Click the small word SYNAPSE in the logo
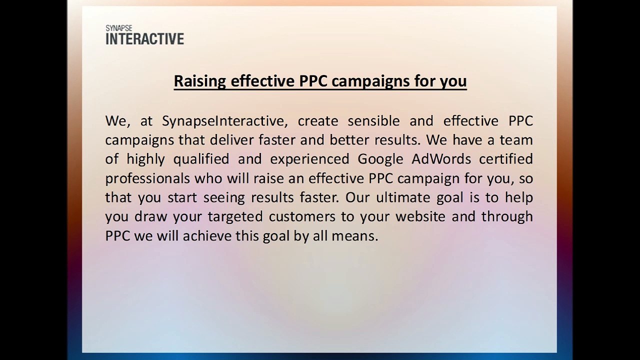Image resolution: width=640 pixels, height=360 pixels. pos(119,28)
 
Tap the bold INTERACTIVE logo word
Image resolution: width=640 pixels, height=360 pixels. pos(144,39)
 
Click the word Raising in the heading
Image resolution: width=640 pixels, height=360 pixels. pos(199,81)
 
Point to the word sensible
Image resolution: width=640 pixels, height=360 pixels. pos(373,121)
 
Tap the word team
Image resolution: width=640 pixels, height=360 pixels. pos(516,140)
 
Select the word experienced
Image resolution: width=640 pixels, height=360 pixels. pos(309,159)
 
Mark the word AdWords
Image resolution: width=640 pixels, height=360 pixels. pos(441,159)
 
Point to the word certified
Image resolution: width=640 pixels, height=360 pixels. pos(505,159)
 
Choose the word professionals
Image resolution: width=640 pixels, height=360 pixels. pos(147,178)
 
